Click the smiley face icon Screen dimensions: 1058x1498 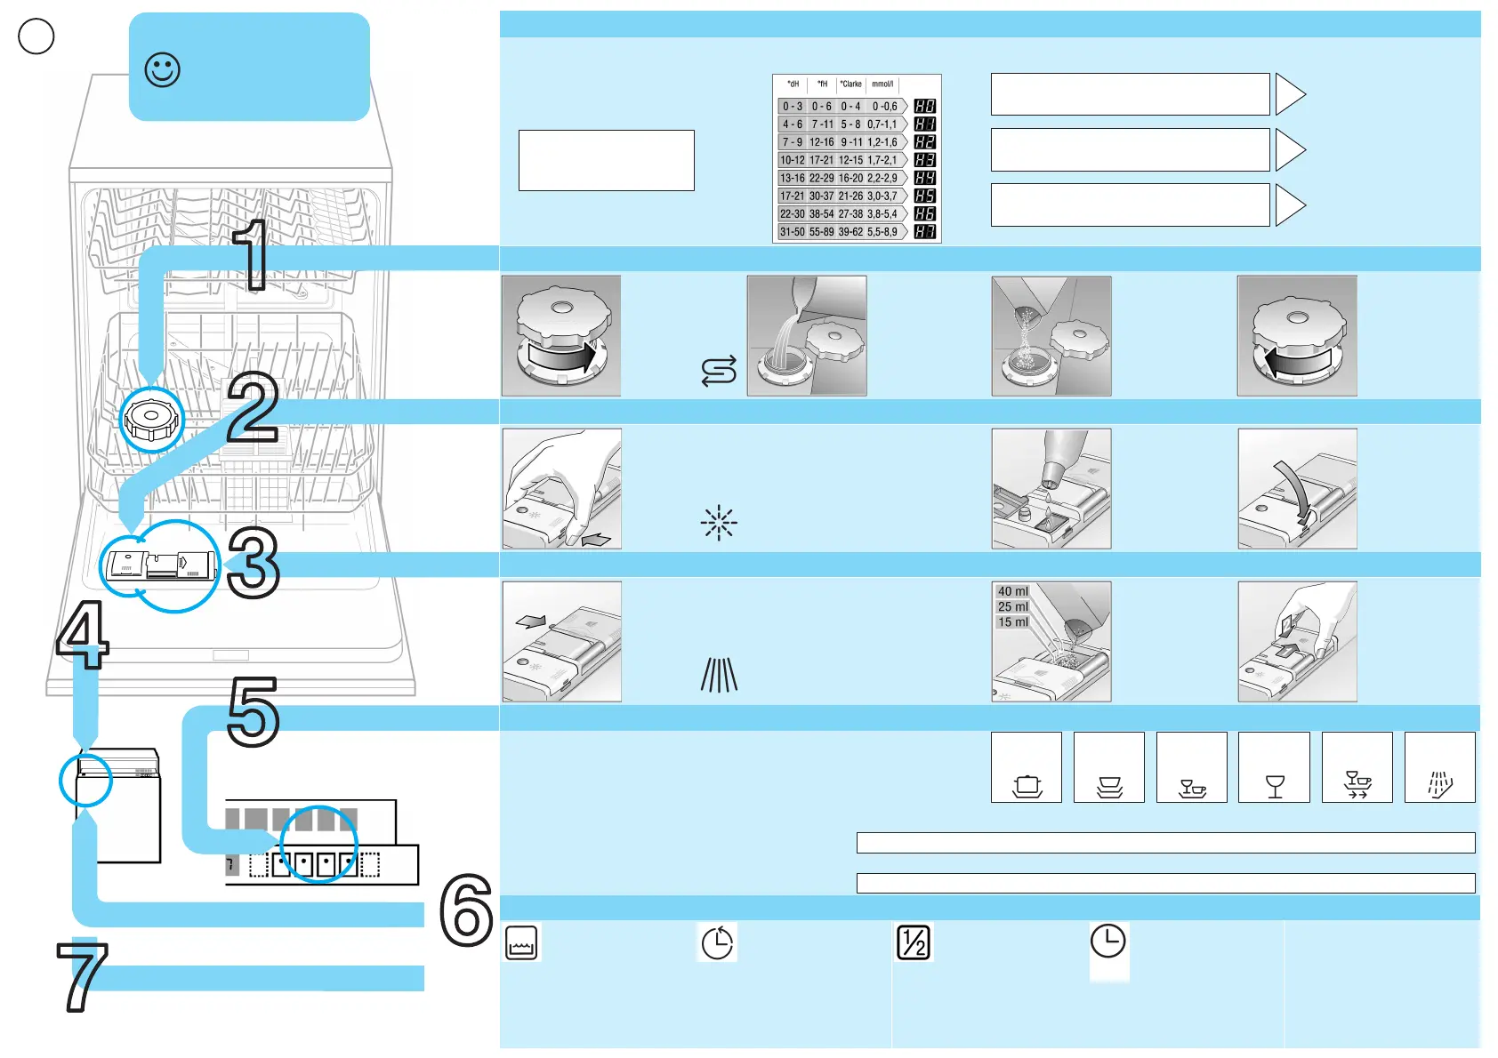click(163, 69)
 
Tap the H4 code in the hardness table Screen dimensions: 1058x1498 click(924, 178)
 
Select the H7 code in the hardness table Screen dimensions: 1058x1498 click(924, 232)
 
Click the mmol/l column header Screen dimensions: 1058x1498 click(882, 84)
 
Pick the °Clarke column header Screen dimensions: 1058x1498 click(851, 84)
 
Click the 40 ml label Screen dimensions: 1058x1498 click(1012, 591)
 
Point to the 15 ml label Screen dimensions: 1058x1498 click(1012, 622)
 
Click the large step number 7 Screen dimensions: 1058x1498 click(82, 977)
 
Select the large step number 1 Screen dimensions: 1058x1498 click(252, 255)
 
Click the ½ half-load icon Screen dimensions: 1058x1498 click(914, 942)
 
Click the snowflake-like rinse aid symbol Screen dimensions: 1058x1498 click(719, 524)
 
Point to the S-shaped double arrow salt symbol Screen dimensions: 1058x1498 click(719, 371)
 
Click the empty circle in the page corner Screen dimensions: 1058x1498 click(36, 36)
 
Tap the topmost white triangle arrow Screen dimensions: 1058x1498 click(1289, 94)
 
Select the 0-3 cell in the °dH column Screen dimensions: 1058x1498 click(792, 107)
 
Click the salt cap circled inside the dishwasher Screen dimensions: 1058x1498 click(151, 419)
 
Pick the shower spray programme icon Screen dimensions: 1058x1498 click(1439, 784)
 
